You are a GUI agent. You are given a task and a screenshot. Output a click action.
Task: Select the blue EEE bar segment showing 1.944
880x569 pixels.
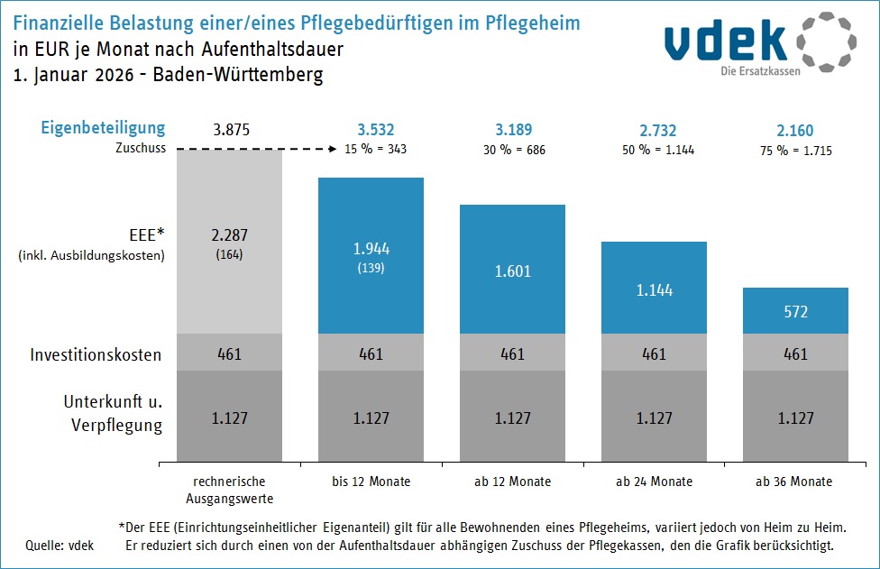coord(371,255)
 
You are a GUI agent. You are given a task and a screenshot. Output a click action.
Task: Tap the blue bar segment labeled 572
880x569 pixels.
coord(795,311)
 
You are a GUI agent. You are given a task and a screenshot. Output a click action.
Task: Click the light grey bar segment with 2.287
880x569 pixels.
coord(230,241)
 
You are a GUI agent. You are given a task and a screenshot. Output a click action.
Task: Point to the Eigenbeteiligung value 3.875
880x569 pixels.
coord(230,130)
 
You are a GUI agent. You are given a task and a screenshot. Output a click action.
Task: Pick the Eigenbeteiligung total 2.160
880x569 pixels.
coord(795,130)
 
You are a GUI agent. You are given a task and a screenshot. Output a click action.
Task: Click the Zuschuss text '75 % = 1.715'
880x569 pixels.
coord(795,150)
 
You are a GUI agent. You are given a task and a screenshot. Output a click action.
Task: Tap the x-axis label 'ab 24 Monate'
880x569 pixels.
coord(655,482)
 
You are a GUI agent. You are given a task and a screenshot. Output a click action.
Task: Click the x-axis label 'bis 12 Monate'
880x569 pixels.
coord(371,482)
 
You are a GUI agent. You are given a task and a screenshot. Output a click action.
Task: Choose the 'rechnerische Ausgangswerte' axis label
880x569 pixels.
coord(230,490)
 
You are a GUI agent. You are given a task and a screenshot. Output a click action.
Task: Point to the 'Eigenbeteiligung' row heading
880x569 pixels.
coord(103,128)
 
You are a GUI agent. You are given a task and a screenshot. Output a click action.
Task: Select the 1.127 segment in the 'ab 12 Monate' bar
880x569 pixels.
coord(512,418)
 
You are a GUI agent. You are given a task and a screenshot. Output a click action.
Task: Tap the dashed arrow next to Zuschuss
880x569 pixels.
coord(255,150)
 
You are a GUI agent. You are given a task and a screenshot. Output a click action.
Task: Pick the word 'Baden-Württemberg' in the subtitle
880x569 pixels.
coord(238,75)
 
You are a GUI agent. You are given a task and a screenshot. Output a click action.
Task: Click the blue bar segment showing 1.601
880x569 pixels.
coord(512,270)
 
